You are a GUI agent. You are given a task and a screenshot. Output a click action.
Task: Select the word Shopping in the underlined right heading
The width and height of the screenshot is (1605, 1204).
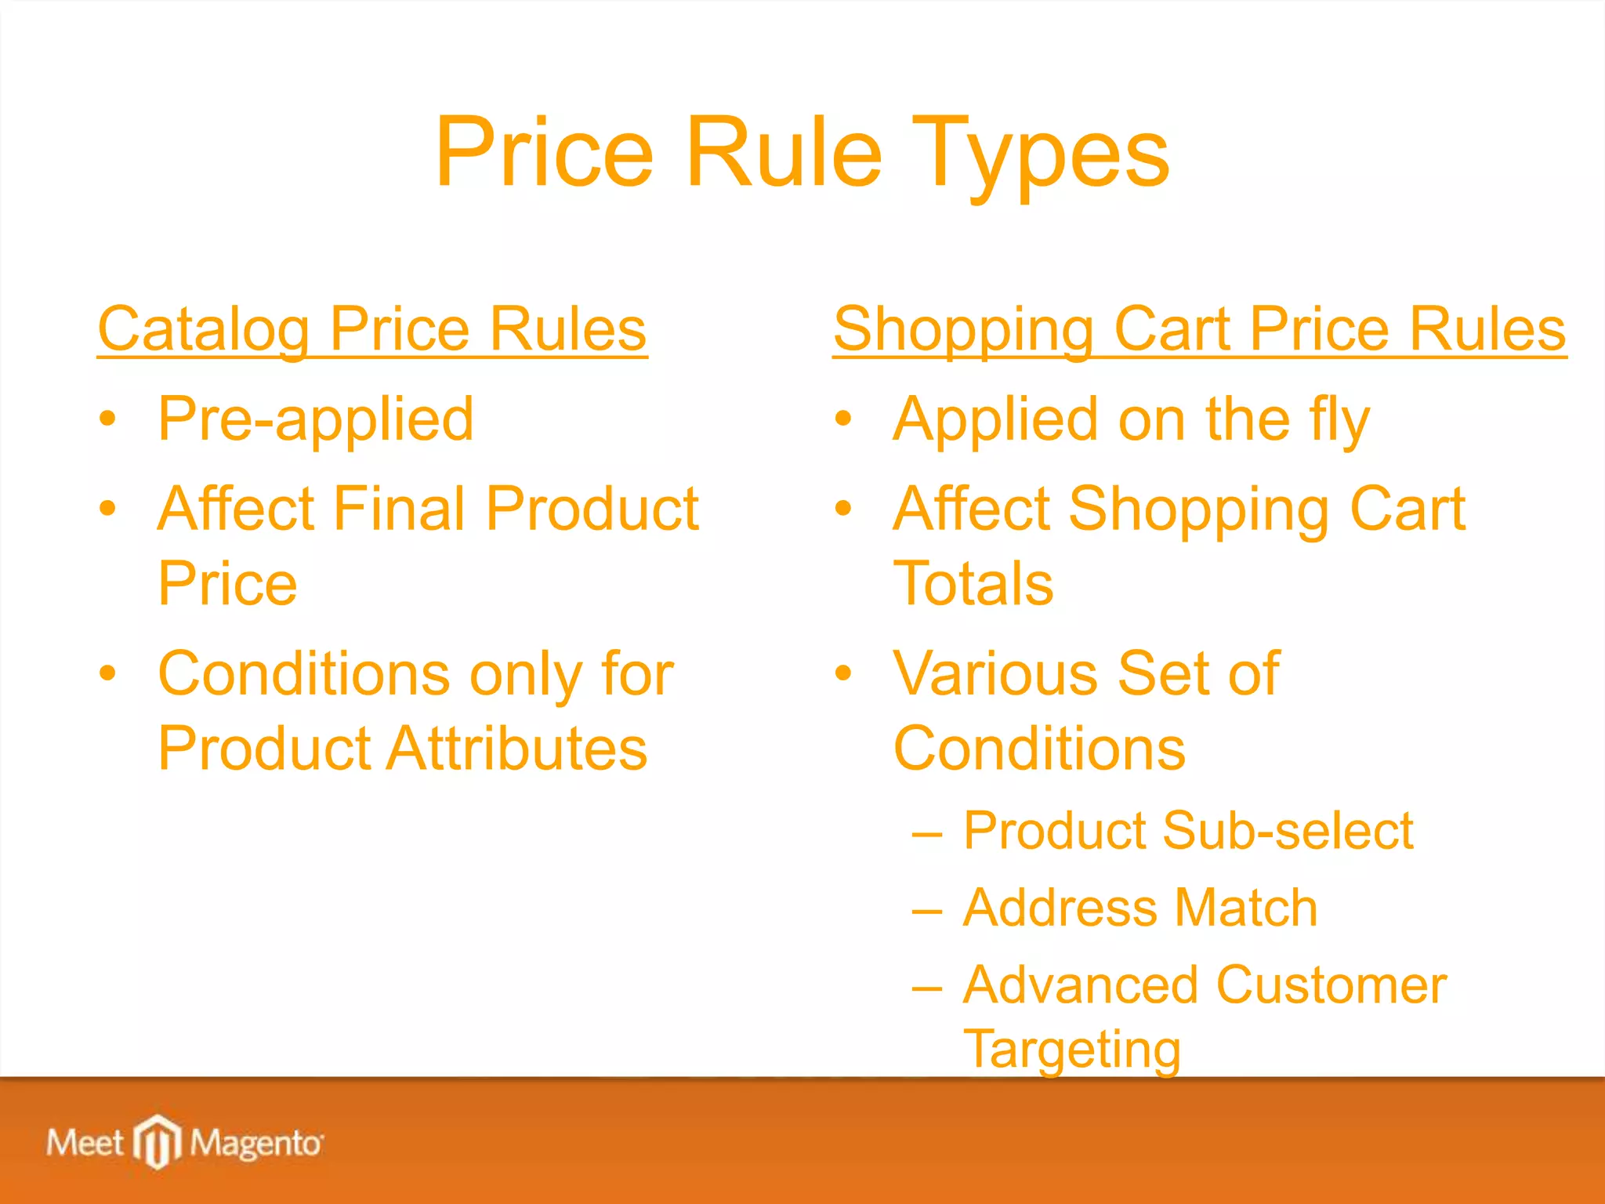(964, 329)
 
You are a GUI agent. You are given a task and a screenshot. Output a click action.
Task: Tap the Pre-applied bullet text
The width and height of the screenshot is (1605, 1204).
(315, 419)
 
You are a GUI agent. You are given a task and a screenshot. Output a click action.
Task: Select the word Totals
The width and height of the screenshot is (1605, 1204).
(973, 584)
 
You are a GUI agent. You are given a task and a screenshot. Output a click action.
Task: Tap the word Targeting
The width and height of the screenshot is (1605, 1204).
(1071, 1049)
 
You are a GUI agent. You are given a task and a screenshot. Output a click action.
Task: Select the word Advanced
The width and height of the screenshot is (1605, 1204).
(1081, 985)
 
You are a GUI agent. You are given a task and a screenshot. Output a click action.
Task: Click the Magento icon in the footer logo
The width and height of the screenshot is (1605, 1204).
(158, 1141)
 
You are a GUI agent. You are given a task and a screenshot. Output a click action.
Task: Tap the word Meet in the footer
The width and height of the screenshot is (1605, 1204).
(85, 1142)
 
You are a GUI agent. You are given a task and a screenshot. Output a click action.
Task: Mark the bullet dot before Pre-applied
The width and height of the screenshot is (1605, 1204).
(108, 419)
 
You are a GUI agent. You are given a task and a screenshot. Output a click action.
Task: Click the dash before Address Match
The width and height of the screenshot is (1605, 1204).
(926, 910)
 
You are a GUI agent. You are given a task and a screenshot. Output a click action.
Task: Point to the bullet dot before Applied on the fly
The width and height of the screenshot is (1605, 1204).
(842, 419)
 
